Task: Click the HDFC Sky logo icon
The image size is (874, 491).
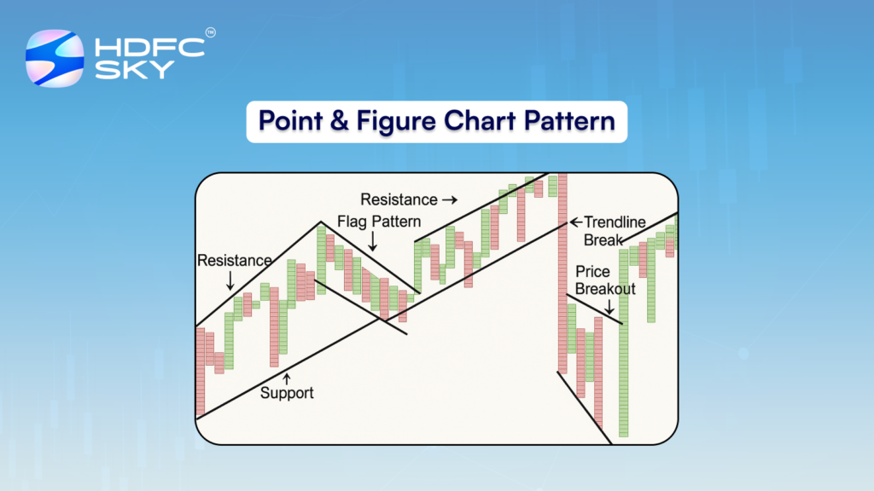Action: click(55, 59)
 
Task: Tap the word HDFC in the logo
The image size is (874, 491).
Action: click(150, 48)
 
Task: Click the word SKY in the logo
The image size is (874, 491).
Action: click(134, 70)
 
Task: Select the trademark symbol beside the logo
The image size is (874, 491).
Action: click(210, 33)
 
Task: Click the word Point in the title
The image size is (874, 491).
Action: click(290, 121)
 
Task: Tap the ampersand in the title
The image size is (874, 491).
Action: click(339, 121)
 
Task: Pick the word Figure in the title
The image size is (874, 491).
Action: click(396, 122)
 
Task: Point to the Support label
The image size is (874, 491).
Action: click(287, 393)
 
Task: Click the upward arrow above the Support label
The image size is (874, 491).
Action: click(287, 378)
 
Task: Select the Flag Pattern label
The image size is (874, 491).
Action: click(379, 222)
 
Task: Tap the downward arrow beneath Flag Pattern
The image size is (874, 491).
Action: click(373, 241)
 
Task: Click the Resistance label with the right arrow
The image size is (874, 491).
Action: click(399, 199)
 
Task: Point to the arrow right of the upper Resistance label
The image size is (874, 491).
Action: click(450, 199)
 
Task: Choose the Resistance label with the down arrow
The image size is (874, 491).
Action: click(234, 261)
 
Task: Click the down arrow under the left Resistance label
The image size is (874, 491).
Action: click(230, 280)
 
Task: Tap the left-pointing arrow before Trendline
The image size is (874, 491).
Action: click(576, 222)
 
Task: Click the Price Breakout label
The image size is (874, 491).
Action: click(605, 280)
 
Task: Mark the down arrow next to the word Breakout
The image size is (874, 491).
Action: click(609, 307)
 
